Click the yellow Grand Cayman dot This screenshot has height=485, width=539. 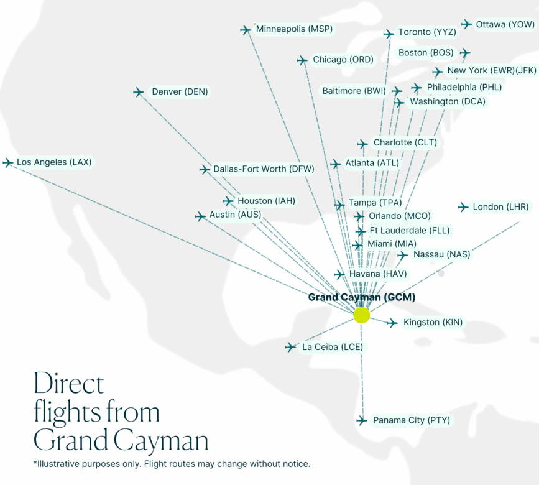tap(361, 315)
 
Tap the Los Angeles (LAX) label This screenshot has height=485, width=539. tap(54, 162)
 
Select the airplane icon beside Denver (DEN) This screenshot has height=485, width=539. tap(139, 92)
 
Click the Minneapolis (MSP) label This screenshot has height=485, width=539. tap(294, 29)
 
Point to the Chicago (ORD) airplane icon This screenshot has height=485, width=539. tap(302, 60)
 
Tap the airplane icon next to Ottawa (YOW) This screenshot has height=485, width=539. tap(467, 24)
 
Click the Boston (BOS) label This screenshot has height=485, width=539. tap(426, 53)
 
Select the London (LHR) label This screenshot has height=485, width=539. tap(500, 206)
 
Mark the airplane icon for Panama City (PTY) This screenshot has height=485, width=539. tap(362, 421)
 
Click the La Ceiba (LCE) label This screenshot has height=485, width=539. tap(332, 347)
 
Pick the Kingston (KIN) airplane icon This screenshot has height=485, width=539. tap(392, 323)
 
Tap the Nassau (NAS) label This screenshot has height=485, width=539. tap(441, 254)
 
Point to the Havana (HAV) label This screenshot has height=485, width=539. tap(378, 274)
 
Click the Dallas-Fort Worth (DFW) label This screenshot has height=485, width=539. tap(264, 169)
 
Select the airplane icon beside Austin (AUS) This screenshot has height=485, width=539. tap(200, 216)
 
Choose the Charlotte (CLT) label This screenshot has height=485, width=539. tap(405, 142)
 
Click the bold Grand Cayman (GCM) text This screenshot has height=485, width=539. tap(361, 297)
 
